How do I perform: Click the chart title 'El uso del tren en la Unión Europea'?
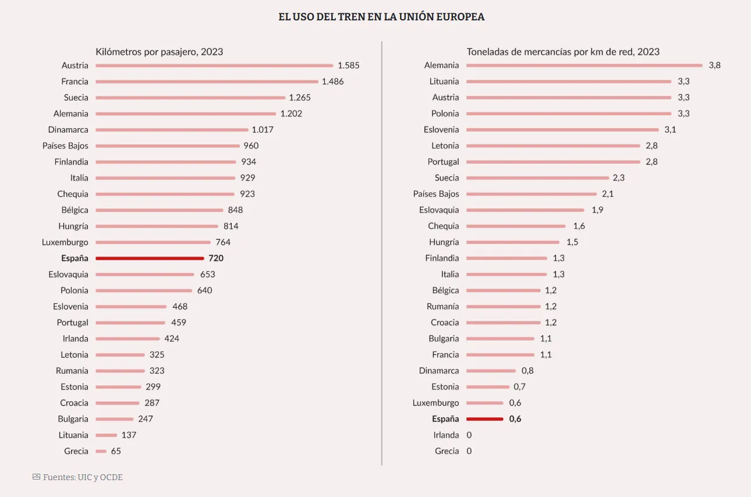tap(381, 17)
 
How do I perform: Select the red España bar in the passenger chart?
tap(150, 258)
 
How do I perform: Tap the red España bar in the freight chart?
tap(484, 418)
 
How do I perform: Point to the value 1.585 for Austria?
tap(348, 65)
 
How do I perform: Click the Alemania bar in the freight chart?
tap(584, 65)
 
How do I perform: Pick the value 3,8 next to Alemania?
tap(714, 65)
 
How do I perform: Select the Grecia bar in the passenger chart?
tap(101, 451)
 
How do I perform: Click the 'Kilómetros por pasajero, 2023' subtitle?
tap(159, 52)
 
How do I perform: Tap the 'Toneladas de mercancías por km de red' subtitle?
tap(563, 52)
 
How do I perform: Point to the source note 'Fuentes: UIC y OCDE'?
tap(83, 477)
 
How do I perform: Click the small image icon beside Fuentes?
tap(36, 477)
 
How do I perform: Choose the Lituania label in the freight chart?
tap(444, 81)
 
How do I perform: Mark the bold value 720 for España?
tap(216, 258)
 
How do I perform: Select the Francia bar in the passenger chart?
tap(207, 81)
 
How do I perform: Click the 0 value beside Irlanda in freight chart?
tap(469, 435)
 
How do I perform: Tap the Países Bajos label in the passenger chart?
tap(65, 145)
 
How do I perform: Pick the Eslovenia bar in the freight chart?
tap(562, 129)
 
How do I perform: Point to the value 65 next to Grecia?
tap(116, 451)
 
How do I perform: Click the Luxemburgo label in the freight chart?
tap(435, 403)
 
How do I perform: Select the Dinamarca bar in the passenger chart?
tap(172, 129)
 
